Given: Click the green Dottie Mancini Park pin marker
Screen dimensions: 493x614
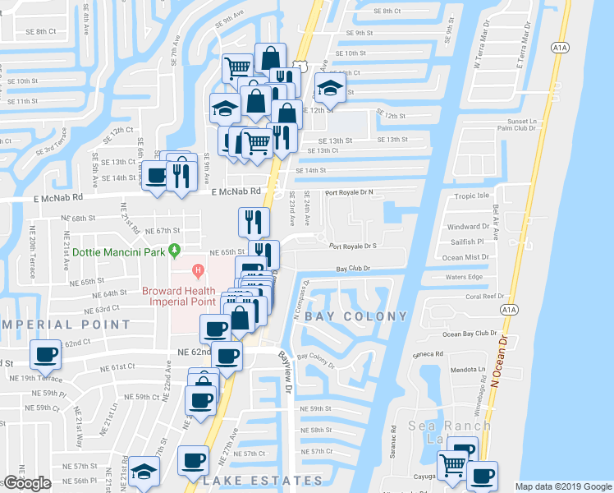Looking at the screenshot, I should coord(173,250).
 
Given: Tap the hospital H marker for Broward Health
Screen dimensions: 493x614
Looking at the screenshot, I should coord(197,270).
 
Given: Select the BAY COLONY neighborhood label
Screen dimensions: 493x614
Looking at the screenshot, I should coord(356,316).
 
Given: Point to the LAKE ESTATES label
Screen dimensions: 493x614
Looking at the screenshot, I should coord(263,480).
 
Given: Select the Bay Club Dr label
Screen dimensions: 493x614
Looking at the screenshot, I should coord(354,268).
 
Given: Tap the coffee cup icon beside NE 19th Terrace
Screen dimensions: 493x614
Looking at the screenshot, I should coord(45,355).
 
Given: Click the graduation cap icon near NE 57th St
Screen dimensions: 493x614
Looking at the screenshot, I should coord(144,472).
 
